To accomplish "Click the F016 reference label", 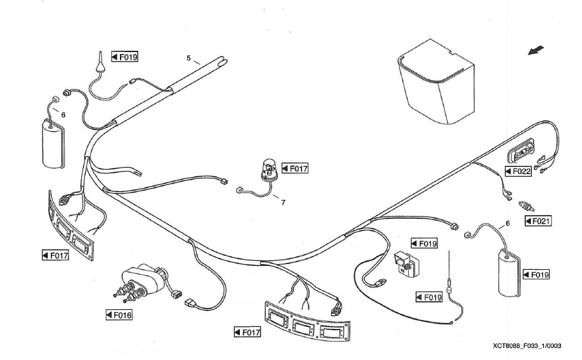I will [x=119, y=314].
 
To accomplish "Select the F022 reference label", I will [x=518, y=171].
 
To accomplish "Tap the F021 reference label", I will [x=538, y=221].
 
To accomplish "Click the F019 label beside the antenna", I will [x=125, y=56].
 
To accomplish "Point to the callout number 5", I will [x=188, y=58].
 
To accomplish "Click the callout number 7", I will [x=283, y=203].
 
